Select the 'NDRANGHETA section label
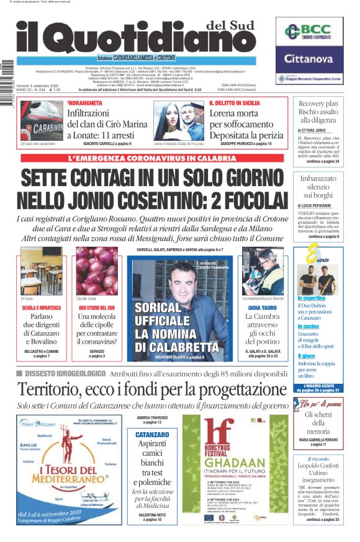point(84,102)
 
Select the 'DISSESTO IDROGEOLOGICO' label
point(60,373)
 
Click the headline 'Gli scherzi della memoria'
point(318,422)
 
